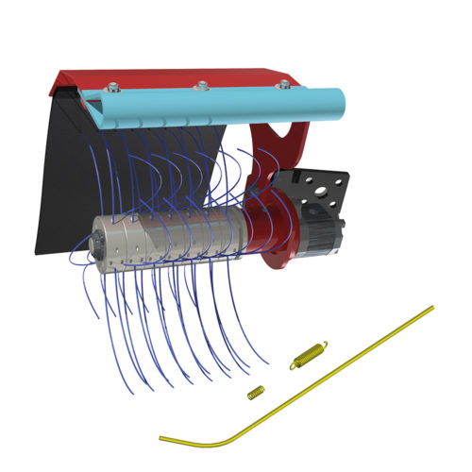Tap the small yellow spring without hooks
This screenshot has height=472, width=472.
pos(254,391)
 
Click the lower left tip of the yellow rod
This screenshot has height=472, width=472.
pos(161,438)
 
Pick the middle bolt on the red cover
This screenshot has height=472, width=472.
pos(200,86)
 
